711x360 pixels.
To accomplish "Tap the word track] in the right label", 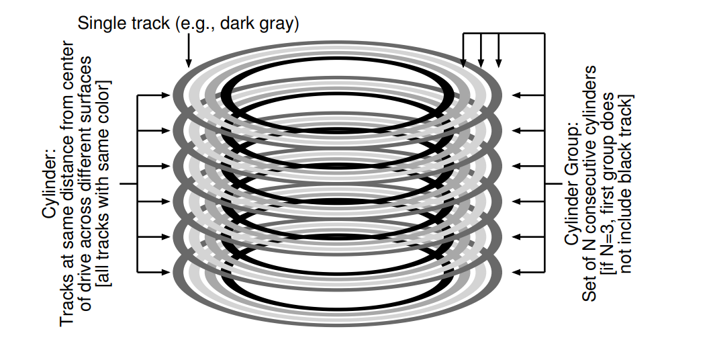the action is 626,113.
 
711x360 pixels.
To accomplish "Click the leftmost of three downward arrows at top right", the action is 463,63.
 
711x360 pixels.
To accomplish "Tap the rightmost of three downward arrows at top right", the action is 498,63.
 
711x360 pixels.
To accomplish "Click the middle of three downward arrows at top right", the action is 481,63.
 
